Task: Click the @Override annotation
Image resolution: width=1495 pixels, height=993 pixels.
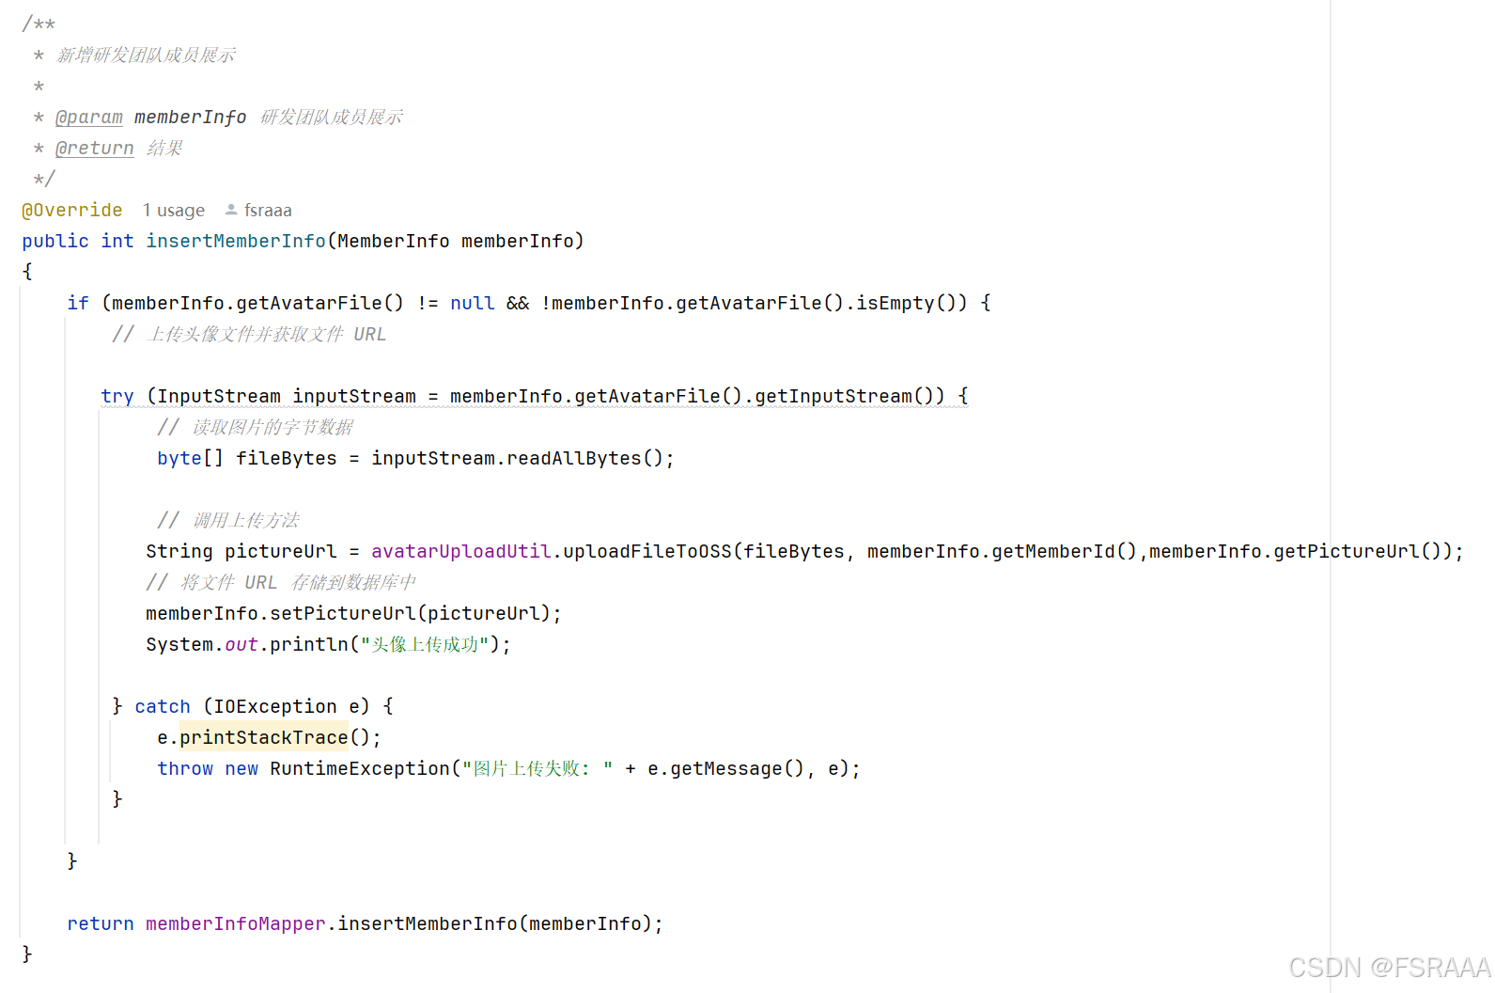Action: pos(72,211)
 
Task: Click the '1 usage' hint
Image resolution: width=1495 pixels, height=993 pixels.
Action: pos(174,211)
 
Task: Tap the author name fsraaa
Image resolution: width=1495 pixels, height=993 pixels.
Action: pos(268,211)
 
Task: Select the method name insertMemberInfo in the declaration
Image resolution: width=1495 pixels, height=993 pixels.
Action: pos(236,242)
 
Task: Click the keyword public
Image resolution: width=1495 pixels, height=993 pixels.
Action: pos(55,242)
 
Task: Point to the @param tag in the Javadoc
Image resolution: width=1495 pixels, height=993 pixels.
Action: pos(89,118)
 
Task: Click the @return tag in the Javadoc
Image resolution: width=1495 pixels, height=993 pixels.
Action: pos(95,149)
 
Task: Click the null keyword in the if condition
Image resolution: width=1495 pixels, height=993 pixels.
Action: pos(472,304)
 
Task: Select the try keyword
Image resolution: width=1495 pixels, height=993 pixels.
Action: pos(117,397)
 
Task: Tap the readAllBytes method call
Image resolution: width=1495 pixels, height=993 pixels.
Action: pos(573,459)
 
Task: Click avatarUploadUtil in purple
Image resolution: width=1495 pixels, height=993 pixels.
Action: pos(460,552)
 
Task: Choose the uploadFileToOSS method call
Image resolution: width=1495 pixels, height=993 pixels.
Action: pos(647,552)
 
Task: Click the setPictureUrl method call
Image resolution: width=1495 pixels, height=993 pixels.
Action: pos(343,614)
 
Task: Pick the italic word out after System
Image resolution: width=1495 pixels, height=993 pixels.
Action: pos(241,645)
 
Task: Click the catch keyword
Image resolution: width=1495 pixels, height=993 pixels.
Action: pos(163,707)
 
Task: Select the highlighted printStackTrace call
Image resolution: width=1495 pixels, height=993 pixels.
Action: pos(264,738)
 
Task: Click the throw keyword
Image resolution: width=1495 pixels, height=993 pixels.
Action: pos(185,769)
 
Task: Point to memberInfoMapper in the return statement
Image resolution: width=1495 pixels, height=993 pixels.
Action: pos(235,924)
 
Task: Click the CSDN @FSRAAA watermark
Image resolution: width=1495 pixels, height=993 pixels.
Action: pos(1389,968)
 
